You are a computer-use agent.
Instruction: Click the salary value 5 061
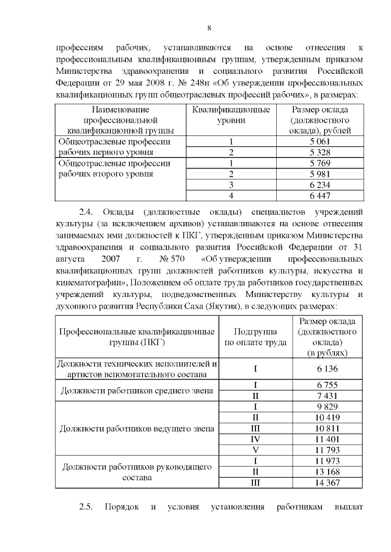(320, 142)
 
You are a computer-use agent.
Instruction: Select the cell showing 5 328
(320, 152)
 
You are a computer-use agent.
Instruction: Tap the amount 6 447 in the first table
(320, 195)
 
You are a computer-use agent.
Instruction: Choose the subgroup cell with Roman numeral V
(256, 450)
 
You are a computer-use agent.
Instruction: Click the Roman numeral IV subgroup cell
(256, 439)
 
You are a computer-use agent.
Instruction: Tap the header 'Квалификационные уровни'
(231, 115)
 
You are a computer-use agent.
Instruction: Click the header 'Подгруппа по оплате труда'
(256, 337)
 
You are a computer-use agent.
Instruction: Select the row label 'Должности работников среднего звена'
(136, 390)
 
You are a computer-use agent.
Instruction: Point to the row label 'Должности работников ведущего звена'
(136, 428)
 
